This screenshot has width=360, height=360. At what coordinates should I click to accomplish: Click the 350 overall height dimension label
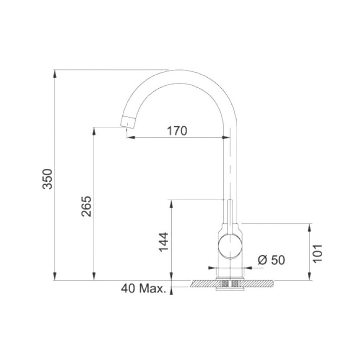tap(47, 179)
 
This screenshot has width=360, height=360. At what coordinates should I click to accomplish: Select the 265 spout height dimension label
tap(86, 206)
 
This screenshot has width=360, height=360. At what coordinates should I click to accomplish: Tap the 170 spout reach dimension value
tap(177, 131)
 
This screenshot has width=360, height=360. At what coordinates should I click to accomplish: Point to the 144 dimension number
tap(164, 242)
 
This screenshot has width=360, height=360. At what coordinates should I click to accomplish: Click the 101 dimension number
tap(318, 253)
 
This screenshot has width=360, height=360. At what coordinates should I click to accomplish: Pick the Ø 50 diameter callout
tap(271, 260)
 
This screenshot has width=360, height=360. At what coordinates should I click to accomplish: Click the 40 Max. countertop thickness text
tap(143, 288)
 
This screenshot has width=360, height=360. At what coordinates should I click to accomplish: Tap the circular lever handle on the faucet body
tap(230, 246)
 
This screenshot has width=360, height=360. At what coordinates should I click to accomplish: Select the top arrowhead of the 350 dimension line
tap(54, 74)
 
